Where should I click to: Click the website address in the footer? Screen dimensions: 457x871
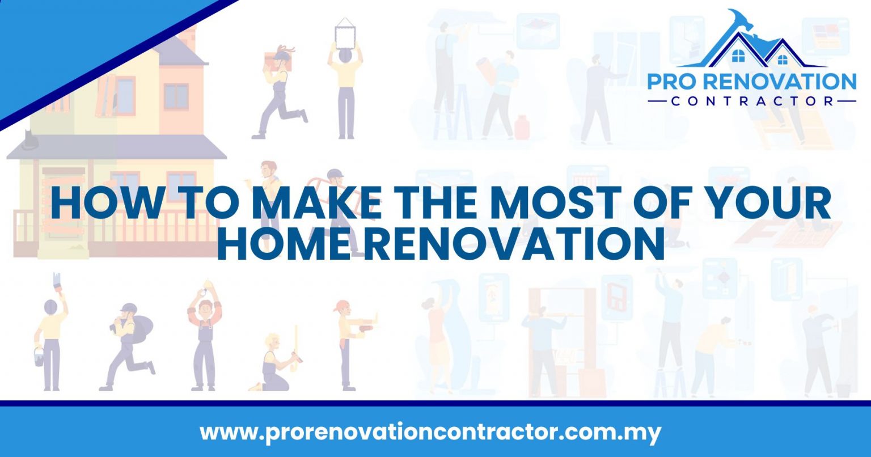coord(430,433)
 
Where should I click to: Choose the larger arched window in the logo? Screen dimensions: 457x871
coord(738,56)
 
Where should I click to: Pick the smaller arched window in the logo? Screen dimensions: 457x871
coord(783,58)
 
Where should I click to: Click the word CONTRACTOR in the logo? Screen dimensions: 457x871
coord(751,101)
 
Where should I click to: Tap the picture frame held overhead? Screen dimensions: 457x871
coord(344,35)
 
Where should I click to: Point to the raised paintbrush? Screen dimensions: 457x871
coord(57,282)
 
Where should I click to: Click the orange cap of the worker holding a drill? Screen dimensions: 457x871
coord(341,307)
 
